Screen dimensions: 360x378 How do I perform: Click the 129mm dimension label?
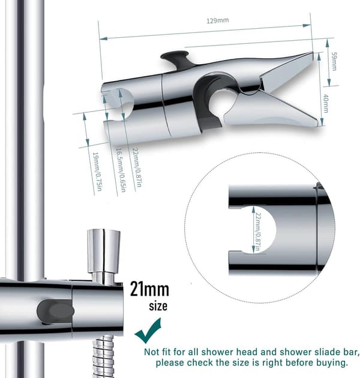pyautogui.click(x=217, y=20)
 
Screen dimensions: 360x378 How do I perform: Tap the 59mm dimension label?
pyautogui.click(x=334, y=61)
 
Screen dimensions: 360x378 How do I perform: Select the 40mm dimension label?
pyautogui.click(x=326, y=103)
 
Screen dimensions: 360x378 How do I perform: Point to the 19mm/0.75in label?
pyautogui.click(x=97, y=172)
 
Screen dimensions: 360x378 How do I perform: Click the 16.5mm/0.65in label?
pyautogui.click(x=121, y=170)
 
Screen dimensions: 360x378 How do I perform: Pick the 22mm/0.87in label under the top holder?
pyautogui.click(x=137, y=167)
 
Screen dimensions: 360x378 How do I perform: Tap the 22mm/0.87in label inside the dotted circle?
pyautogui.click(x=258, y=232)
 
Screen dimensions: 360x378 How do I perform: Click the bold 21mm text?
pyautogui.click(x=149, y=289)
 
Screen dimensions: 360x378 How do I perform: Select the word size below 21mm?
pyautogui.click(x=158, y=306)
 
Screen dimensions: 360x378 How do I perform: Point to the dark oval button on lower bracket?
pyautogui.click(x=55, y=311)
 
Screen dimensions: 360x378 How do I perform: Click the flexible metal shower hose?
pyautogui.click(x=104, y=356)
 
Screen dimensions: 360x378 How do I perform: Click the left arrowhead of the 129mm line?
pyautogui.click(x=103, y=38)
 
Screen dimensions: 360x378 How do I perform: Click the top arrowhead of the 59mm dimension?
pyautogui.click(x=327, y=43)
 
